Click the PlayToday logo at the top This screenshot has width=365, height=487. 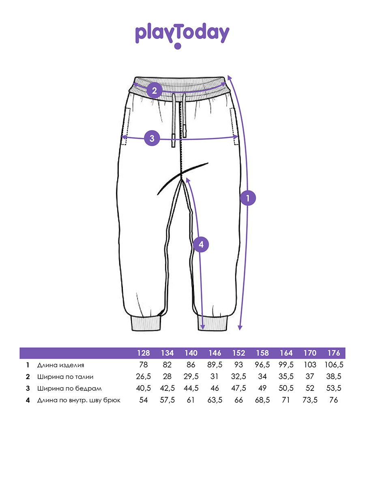coord(182,35)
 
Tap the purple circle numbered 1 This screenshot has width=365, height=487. coord(248,198)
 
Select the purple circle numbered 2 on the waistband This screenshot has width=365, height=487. coord(154,91)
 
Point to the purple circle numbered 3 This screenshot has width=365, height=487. coord(152,138)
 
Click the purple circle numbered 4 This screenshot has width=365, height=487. coord(201,244)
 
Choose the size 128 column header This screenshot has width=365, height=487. coord(144,353)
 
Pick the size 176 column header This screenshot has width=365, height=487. coord(334,353)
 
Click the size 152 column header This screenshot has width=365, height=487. coord(239,353)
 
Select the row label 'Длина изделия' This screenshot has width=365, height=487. coord(60,365)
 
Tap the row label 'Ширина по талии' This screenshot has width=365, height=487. coord(65,377)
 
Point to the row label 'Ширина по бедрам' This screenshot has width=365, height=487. coord(69,389)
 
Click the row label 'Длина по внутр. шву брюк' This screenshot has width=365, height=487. coord(79,401)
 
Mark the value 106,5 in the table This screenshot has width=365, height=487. coord(334,365)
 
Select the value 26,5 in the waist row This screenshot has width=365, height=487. coord(144,377)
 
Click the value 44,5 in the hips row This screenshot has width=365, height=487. coord(191,388)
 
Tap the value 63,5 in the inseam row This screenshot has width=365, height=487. coord(215,400)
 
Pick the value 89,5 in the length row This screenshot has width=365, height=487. coord(215,365)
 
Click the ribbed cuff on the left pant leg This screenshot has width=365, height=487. coord(146,323)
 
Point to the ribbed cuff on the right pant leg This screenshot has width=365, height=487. coord(213,323)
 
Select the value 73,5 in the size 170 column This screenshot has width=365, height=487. coord(310,400)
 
